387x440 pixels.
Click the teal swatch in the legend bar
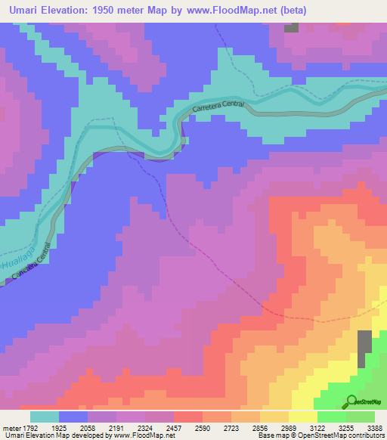pyautogui.click(x=44, y=417)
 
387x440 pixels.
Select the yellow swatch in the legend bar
pyautogui.click(x=302, y=417)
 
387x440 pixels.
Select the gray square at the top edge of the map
pyautogui.click(x=291, y=28)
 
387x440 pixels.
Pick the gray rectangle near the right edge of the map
pyautogui.click(x=365, y=344)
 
